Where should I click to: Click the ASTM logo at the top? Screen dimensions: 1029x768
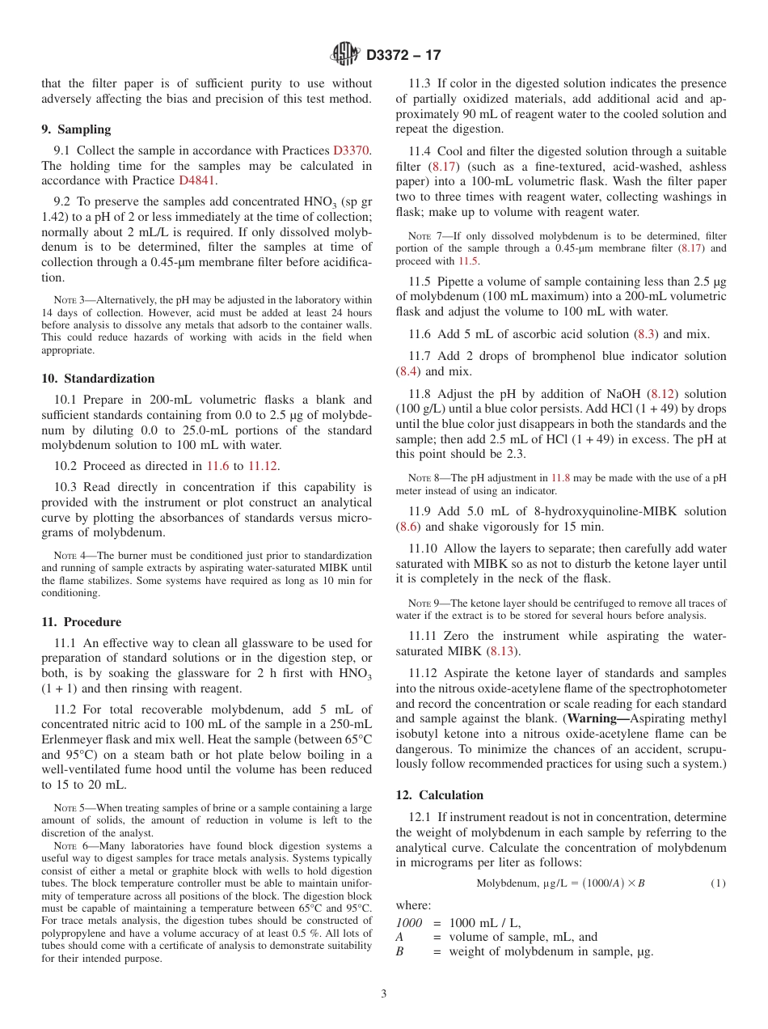(x=346, y=54)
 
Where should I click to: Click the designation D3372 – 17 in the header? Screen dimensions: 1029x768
(x=403, y=55)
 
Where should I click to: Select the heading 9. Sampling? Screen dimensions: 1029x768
(x=76, y=129)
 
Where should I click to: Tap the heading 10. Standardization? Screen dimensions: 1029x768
(x=98, y=379)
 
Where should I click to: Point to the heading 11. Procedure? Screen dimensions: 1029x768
(x=81, y=622)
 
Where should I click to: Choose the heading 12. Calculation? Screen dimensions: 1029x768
(x=440, y=795)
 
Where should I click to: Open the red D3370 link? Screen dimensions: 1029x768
(x=352, y=150)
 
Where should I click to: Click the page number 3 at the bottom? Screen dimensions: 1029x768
(x=384, y=993)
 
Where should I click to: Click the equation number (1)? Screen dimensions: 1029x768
(x=718, y=883)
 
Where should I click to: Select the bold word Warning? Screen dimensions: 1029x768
(x=597, y=718)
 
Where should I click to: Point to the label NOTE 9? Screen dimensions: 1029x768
(x=423, y=603)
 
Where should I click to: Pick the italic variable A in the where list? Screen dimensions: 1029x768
(x=399, y=937)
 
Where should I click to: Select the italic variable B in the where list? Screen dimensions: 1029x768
(x=399, y=951)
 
